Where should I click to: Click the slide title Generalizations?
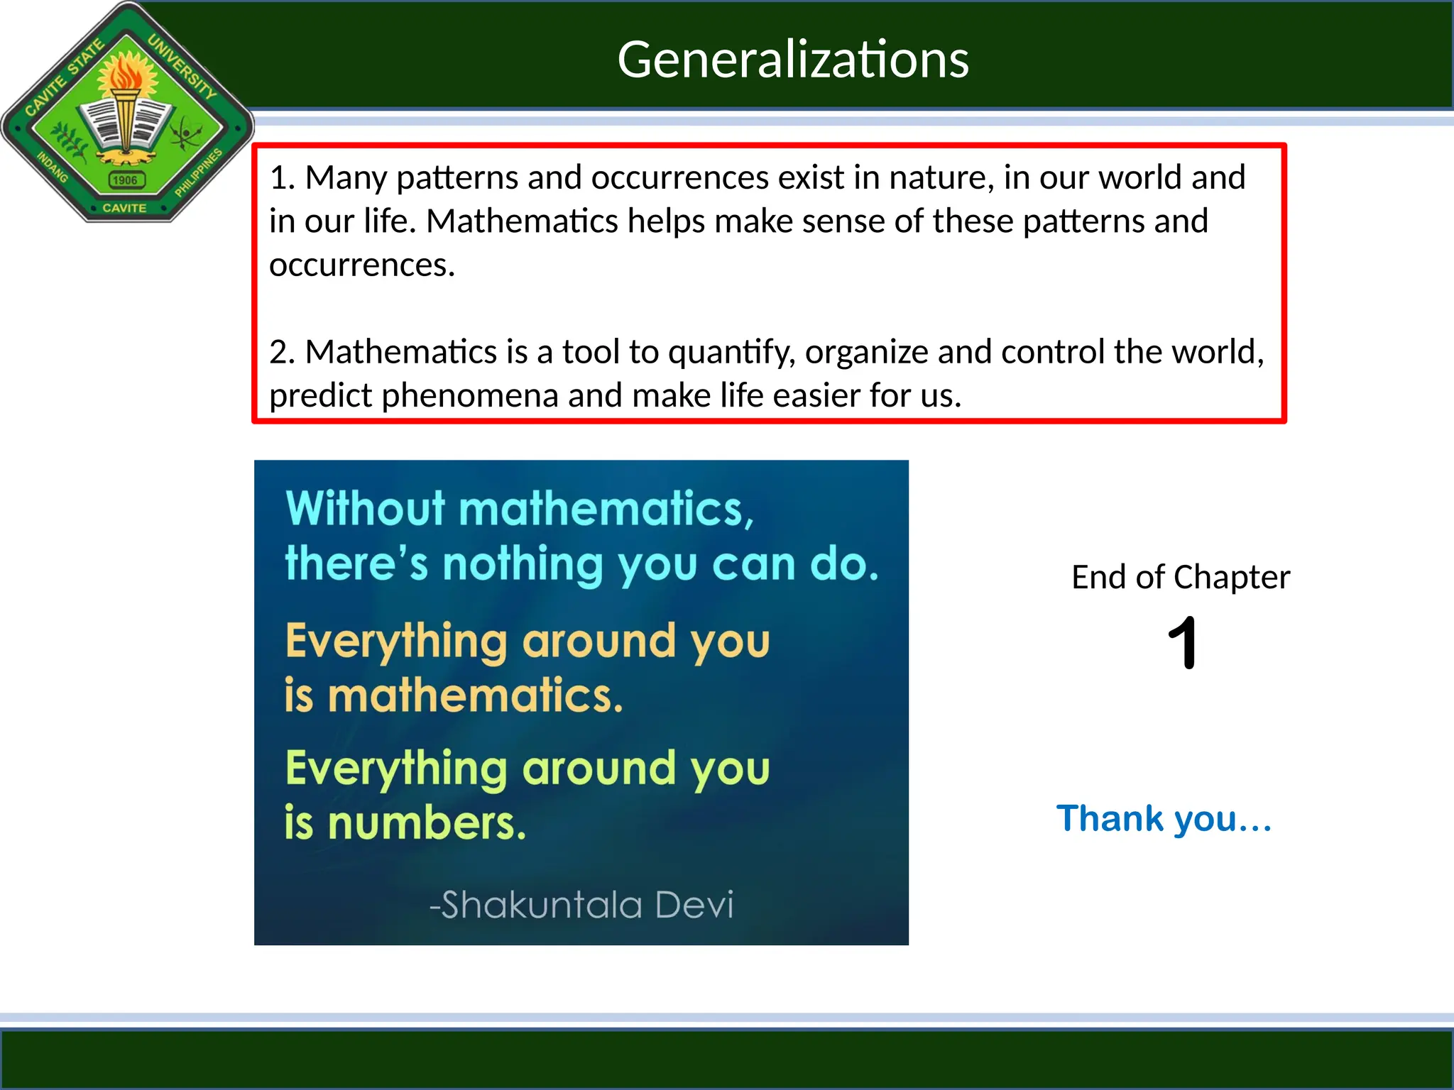pos(792,59)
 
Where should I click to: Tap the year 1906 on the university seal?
pos(125,180)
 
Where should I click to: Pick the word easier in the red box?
pos(815,395)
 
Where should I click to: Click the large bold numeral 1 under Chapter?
pos(1182,643)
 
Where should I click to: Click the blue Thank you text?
pos(1164,818)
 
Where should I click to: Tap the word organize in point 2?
pos(866,353)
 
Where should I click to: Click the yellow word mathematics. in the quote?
pos(475,695)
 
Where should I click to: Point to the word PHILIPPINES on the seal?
pos(198,172)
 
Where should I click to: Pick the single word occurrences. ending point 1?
pos(362,265)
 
